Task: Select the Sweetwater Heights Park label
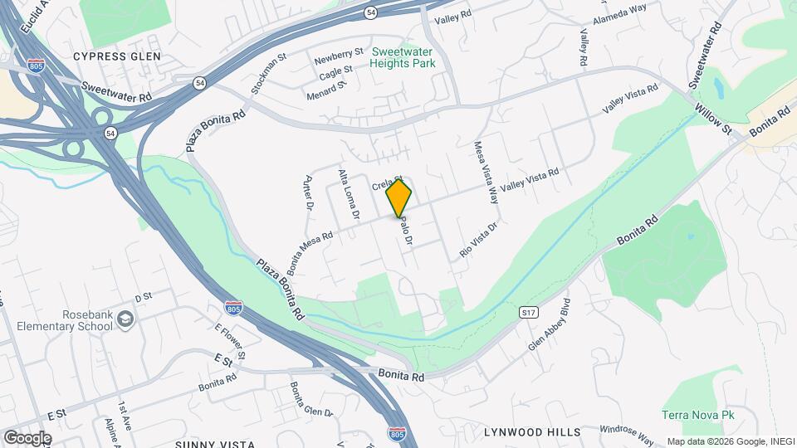coord(403,57)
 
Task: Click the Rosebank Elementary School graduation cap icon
coord(125,319)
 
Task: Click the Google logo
coord(27,437)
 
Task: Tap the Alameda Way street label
coord(619,15)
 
